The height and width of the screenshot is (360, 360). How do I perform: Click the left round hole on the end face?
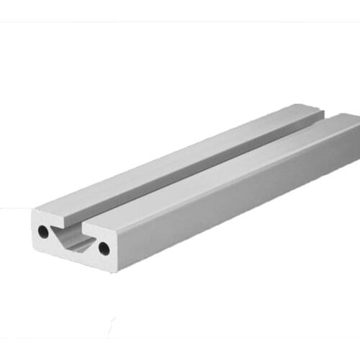(x=44, y=232)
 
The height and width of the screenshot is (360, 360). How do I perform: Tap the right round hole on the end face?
(x=104, y=248)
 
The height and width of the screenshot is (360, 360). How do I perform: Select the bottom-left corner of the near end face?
(x=33, y=246)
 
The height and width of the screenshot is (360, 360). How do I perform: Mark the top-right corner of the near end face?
(x=116, y=231)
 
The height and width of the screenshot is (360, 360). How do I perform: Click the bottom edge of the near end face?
(x=72, y=258)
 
